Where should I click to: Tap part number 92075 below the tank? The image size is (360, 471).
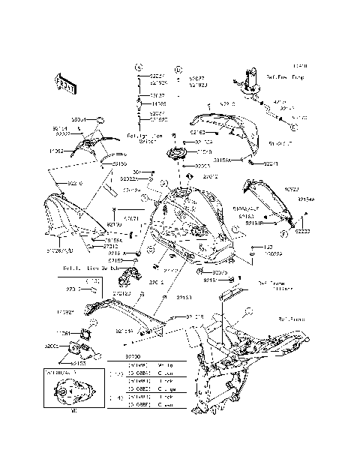(220, 272)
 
